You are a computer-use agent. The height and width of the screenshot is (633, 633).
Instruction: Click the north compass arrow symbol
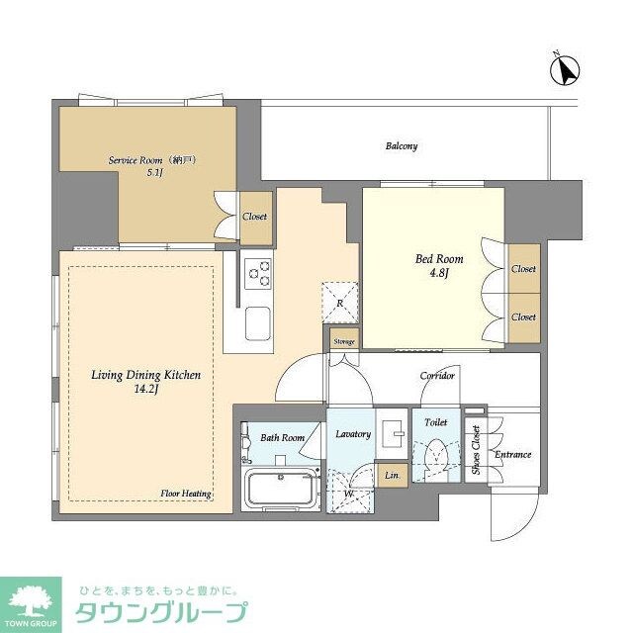coord(567,70)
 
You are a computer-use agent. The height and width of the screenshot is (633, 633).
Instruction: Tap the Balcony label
coord(401,146)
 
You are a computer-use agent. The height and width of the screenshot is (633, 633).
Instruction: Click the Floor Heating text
coord(186,493)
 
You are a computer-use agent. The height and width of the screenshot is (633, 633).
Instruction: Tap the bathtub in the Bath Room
coord(281,489)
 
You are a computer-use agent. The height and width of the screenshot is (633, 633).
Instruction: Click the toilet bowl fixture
coord(435,456)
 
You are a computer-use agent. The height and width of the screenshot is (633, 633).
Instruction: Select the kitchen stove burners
coord(258,273)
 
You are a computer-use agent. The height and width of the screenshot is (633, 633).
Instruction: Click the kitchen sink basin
coord(258,323)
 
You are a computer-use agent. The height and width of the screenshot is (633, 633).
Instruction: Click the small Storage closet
coord(343,341)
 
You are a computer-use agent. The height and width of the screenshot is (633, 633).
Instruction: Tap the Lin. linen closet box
coord(393,476)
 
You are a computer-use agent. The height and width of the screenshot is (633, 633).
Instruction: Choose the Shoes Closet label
coord(476,450)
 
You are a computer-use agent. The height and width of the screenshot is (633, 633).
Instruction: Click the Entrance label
coord(513,455)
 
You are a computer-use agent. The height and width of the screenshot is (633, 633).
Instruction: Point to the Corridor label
coord(437,376)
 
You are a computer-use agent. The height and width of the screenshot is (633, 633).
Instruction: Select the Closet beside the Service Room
coord(254,216)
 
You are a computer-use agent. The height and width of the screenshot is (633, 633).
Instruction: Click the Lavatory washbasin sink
coord(394,430)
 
